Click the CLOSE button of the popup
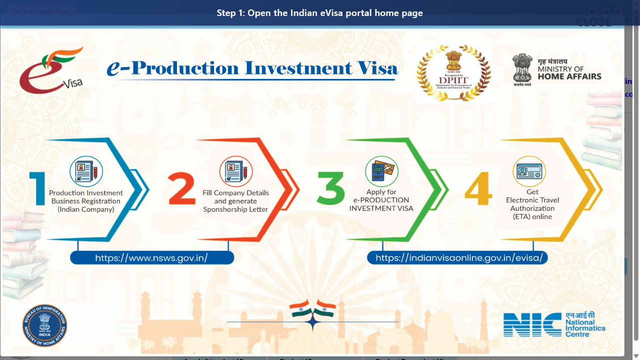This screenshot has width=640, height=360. click(x=593, y=22)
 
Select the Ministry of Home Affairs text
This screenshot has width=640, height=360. click(x=569, y=73)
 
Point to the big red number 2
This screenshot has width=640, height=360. click(x=182, y=189)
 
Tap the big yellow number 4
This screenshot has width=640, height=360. click(x=478, y=189)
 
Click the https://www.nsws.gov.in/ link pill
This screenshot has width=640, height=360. click(x=151, y=258)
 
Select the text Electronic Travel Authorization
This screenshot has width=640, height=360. click(x=532, y=204)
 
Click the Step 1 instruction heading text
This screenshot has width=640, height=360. click(x=320, y=13)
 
